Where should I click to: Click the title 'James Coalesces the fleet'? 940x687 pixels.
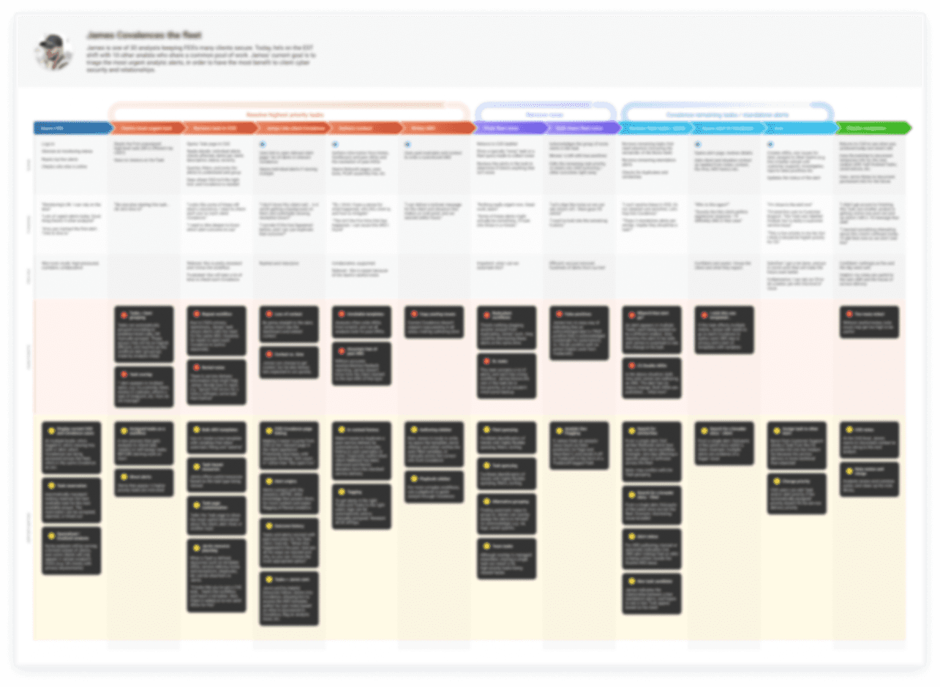click(x=144, y=35)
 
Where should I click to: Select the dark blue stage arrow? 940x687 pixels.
click(x=71, y=128)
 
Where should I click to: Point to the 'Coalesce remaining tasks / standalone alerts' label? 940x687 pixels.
click(x=727, y=115)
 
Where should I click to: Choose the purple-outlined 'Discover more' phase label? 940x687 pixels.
click(x=545, y=115)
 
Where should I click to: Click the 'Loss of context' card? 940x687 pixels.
click(x=289, y=324)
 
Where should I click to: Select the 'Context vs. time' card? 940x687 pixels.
click(x=289, y=363)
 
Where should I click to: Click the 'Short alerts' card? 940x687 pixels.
click(x=144, y=483)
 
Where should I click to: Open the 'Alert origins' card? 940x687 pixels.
click(x=289, y=494)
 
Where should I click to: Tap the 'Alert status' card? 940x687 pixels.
click(x=651, y=549)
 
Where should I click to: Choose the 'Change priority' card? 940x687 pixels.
click(x=797, y=494)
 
